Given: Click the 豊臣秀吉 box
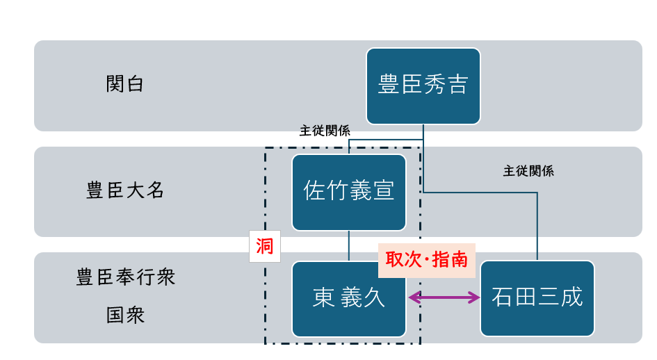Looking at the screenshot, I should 423,85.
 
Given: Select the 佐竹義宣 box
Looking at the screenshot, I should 348,192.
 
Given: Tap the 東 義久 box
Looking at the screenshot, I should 348,299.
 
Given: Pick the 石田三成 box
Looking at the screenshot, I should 537,299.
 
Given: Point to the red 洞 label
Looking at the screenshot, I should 264,246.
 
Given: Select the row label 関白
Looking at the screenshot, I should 125,85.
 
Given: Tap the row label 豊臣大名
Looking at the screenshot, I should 125,191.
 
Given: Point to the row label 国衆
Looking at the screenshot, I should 125,315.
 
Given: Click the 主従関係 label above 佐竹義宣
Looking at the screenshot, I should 325,131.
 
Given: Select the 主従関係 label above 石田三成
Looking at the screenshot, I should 528,171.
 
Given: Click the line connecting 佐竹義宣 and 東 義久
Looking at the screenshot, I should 348,245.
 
